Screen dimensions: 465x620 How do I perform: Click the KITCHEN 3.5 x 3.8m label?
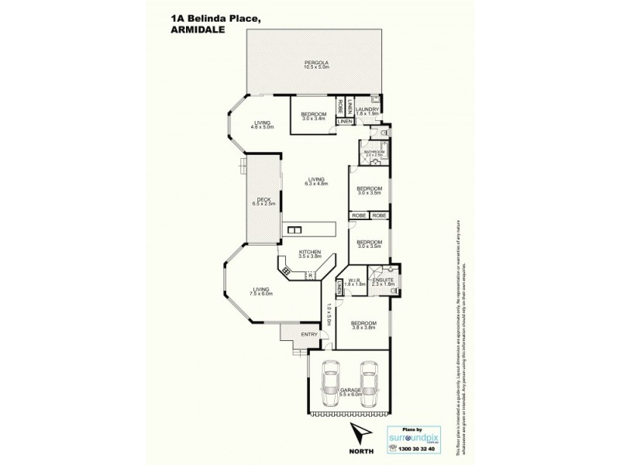(310, 255)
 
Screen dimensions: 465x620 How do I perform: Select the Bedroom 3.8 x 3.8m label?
(363, 325)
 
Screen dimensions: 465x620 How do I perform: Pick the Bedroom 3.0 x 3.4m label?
(314, 116)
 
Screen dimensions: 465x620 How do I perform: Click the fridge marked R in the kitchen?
(310, 275)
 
